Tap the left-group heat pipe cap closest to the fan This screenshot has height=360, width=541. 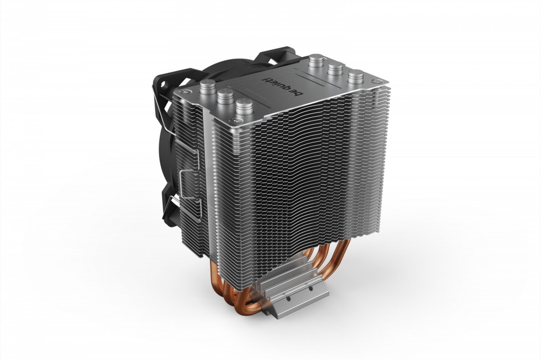point(208,86)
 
